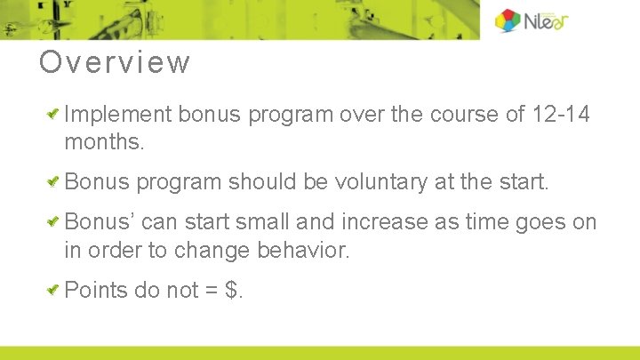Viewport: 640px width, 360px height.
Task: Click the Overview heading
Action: click(115, 63)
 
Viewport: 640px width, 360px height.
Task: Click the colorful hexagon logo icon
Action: click(508, 20)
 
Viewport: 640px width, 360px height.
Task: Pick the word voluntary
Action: click(381, 182)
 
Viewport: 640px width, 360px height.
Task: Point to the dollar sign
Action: click(233, 290)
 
